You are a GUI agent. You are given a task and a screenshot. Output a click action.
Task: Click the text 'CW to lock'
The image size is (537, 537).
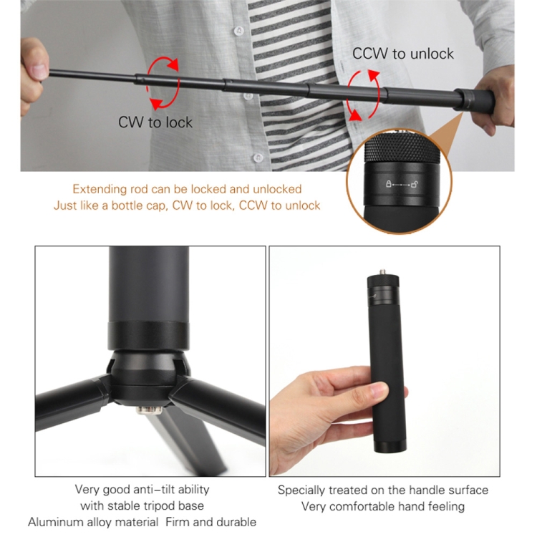(155, 122)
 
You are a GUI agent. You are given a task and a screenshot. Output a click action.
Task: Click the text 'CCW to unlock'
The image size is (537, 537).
(402, 54)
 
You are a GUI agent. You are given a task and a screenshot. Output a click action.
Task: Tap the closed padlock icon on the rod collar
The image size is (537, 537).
(388, 183)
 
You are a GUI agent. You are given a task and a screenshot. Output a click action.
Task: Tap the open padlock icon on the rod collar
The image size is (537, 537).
(415, 184)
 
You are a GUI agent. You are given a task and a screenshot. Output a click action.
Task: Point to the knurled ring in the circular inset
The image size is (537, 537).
(402, 148)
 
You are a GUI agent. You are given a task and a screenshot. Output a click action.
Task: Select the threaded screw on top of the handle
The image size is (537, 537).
(382, 273)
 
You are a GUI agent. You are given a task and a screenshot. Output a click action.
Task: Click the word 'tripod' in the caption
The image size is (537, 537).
(160, 505)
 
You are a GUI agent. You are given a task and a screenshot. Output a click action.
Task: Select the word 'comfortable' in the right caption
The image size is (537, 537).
(362, 506)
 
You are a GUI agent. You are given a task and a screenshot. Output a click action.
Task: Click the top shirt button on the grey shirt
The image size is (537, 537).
(238, 31)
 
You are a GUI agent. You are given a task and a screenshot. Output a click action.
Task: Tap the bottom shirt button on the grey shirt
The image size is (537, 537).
(258, 158)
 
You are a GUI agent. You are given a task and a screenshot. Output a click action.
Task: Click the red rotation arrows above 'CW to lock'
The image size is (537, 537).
(163, 82)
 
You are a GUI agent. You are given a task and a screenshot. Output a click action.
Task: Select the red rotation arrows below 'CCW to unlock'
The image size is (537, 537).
(364, 95)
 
